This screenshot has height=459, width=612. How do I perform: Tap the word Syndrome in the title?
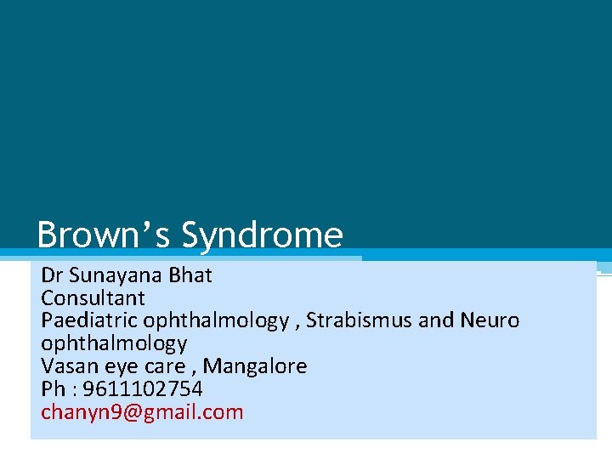point(263,235)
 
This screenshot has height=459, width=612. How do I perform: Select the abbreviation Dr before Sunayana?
point(51,275)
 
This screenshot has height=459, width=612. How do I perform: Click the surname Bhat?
point(190,275)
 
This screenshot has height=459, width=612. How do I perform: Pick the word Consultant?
point(93,298)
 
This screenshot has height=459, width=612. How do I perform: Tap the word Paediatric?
point(89,321)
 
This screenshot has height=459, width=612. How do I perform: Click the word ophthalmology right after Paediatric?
point(216,321)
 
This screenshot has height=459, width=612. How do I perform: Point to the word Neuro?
point(490,321)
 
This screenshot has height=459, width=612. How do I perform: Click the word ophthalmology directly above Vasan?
point(114,344)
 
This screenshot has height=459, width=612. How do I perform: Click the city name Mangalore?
point(255,367)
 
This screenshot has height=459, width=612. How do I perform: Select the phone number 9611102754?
point(143,390)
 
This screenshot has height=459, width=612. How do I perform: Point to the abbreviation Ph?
point(53,390)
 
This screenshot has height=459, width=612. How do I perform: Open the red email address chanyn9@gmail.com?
point(142,413)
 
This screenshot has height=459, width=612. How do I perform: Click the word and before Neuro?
point(436,321)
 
